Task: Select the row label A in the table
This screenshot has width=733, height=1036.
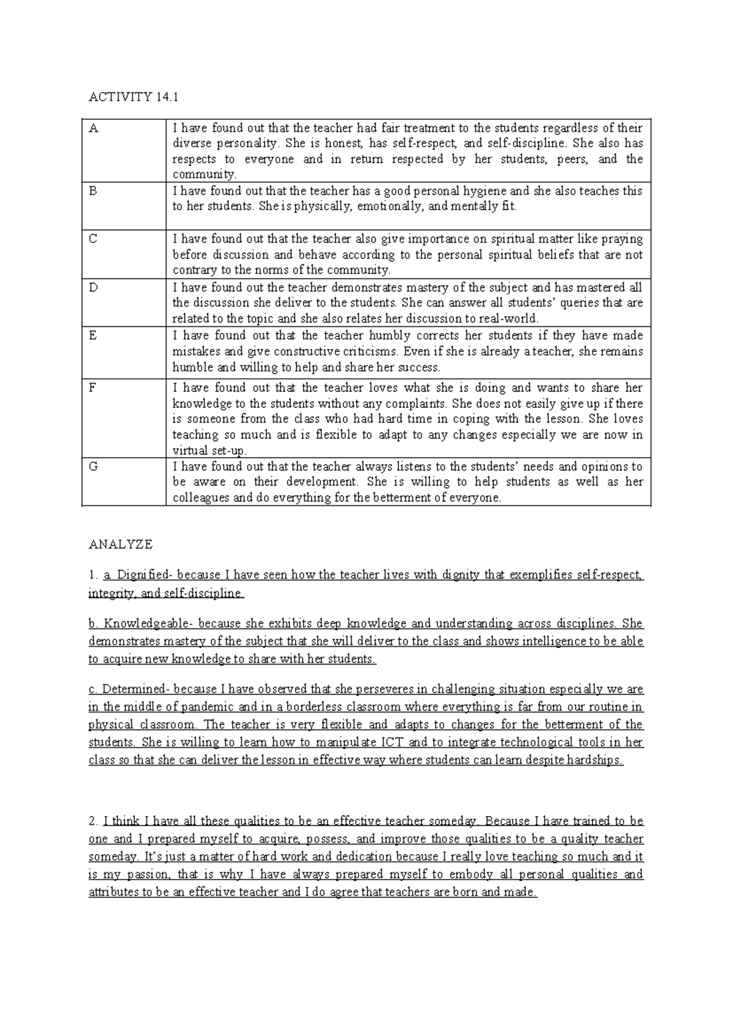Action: (93, 128)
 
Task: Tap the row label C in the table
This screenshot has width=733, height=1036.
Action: (93, 239)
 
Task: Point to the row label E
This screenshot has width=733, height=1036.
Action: (93, 335)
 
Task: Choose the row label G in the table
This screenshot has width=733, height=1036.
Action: (93, 467)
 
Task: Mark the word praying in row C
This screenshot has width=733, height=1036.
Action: (622, 239)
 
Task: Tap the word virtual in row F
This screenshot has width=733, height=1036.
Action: (188, 451)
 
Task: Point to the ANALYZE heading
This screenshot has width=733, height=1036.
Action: (120, 544)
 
